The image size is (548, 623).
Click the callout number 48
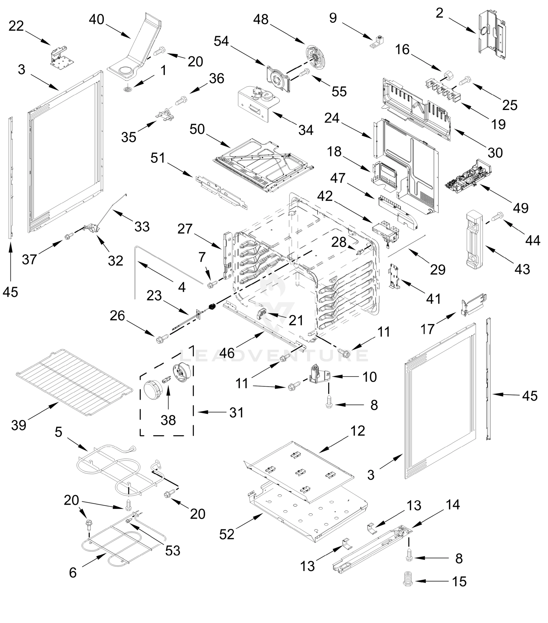[x=261, y=19]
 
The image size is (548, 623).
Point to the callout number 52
[x=227, y=534]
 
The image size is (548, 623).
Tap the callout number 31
[x=236, y=412]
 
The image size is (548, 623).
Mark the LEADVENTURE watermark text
[x=275, y=355]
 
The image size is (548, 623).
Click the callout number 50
[x=197, y=129]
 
